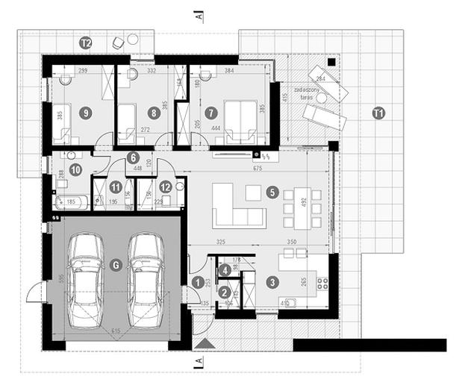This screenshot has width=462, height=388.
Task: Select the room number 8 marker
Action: [x=154, y=113]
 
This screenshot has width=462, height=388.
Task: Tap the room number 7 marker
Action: [x=211, y=113]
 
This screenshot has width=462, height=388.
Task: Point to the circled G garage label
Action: [x=115, y=265]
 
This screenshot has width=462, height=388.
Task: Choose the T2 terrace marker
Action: [x=86, y=44]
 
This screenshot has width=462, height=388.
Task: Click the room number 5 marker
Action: [x=273, y=193]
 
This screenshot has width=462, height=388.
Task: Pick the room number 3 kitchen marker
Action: [x=272, y=282]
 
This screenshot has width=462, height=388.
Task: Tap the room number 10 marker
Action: [x=75, y=169]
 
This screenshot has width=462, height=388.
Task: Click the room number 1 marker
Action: [x=197, y=282]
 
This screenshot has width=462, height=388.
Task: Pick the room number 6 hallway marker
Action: [x=133, y=157]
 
